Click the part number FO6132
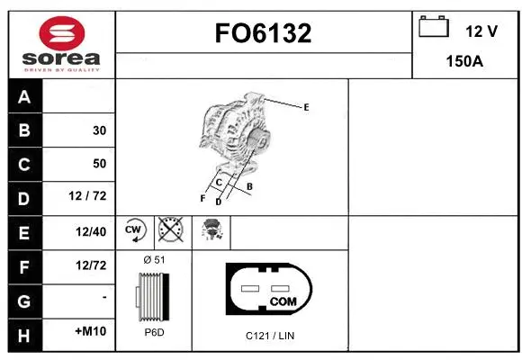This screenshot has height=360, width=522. coord(264,33)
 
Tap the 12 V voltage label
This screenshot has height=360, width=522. coord(481,31)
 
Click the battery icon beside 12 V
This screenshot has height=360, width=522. coord(435,28)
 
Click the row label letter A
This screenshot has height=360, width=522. coord(23,97)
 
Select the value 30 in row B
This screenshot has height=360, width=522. coord(99,130)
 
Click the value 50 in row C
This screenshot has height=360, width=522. coord(99,164)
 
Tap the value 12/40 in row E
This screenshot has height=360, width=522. coord(92,231)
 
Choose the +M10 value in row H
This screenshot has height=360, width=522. coord(91,332)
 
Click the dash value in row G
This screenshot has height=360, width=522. coord(104,297)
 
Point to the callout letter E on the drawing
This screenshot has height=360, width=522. coord(306,107)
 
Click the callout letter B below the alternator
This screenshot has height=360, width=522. coord(249,186)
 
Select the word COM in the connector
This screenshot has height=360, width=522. coord(283,301)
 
